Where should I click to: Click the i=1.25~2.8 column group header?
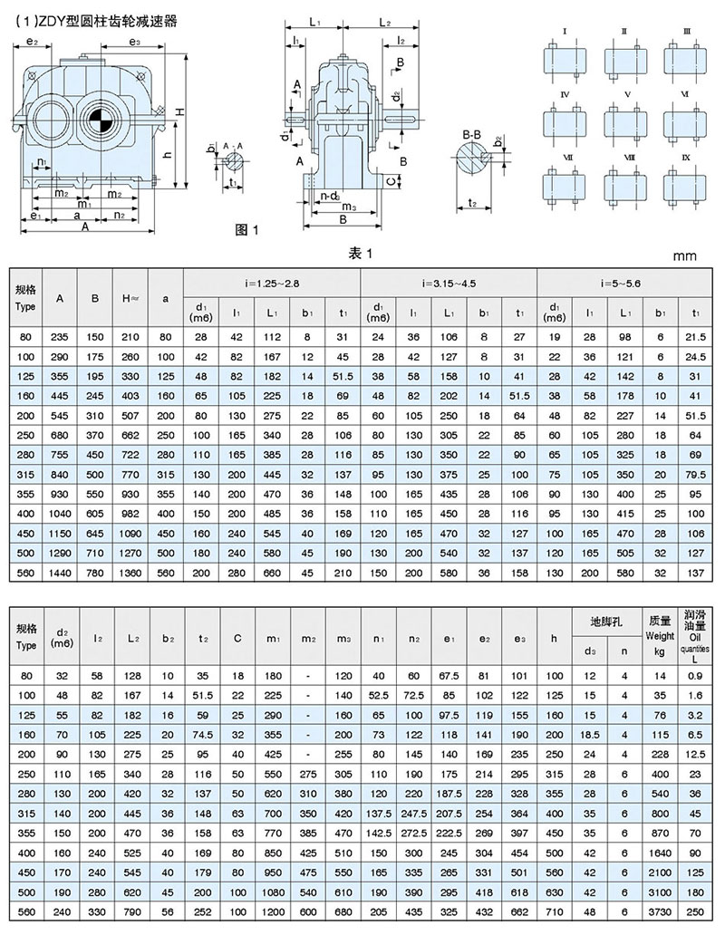coord(271,283)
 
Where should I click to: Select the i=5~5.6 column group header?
coord(625,283)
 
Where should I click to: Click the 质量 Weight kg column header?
coord(659,626)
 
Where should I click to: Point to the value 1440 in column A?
coord(60,573)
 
